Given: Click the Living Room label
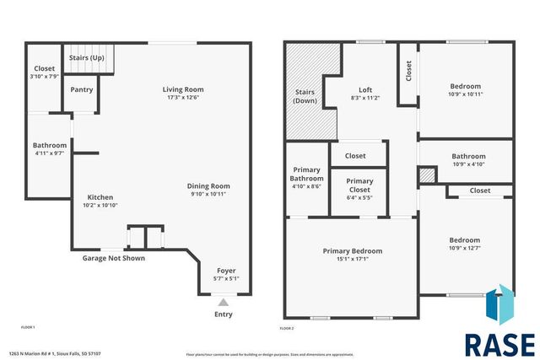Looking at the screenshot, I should click(x=183, y=89).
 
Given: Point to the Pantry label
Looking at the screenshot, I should click(x=82, y=89).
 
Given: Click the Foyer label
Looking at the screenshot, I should click(x=227, y=271).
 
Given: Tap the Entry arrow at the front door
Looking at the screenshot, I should click(x=223, y=301).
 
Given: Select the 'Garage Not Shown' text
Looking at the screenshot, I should click(x=113, y=258).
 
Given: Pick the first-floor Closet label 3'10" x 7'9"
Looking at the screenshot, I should click(x=44, y=68).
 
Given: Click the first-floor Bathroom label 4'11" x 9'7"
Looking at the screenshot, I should click(x=50, y=146).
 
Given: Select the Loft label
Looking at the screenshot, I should click(x=365, y=89).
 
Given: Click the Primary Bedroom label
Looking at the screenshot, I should click(x=353, y=250).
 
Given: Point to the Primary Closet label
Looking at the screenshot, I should click(x=359, y=181).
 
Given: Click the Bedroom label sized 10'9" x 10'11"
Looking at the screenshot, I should click(x=465, y=86).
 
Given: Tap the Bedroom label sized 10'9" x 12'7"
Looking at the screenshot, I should click(x=464, y=239).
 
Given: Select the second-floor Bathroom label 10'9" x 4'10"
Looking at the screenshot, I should click(x=468, y=156).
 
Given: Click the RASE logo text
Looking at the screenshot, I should click(x=499, y=345).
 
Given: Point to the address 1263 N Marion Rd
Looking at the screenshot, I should click(x=57, y=354).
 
